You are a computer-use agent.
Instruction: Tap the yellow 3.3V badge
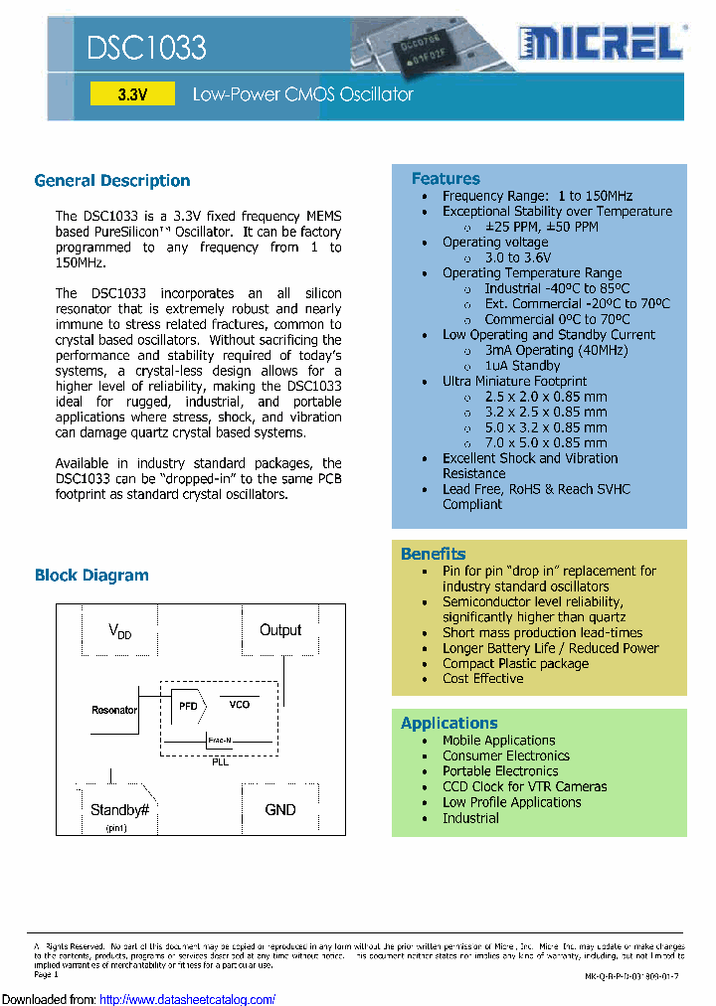coord(131,94)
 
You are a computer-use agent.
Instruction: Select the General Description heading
coord(112,180)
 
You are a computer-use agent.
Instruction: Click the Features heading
coord(446,178)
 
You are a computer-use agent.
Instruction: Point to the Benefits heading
coord(433,554)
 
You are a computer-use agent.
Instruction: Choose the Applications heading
coord(448,723)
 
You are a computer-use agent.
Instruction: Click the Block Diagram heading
coord(91,575)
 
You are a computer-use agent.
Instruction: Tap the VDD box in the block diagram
coord(119,631)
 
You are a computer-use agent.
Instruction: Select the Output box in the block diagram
coord(280,630)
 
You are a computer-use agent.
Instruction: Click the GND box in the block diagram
coord(280,809)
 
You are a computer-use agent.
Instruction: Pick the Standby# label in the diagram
coord(119,809)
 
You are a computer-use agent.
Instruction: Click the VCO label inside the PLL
coord(240,704)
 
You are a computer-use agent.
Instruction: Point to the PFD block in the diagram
coord(188,705)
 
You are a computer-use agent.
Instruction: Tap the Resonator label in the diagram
coord(114,710)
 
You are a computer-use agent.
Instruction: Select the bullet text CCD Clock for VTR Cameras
coord(524,786)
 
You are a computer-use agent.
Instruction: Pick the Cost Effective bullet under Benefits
coord(482,678)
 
